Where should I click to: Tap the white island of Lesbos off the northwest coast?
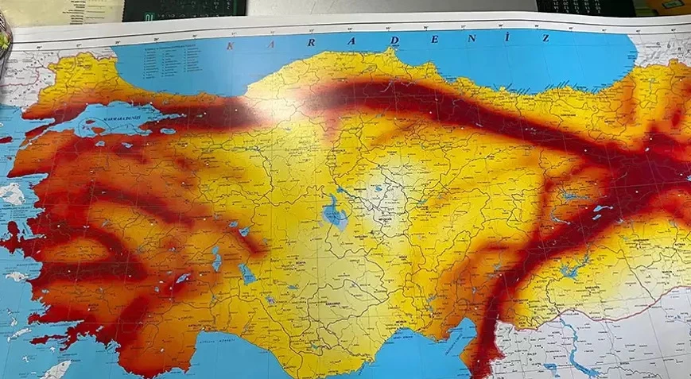(12, 194)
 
